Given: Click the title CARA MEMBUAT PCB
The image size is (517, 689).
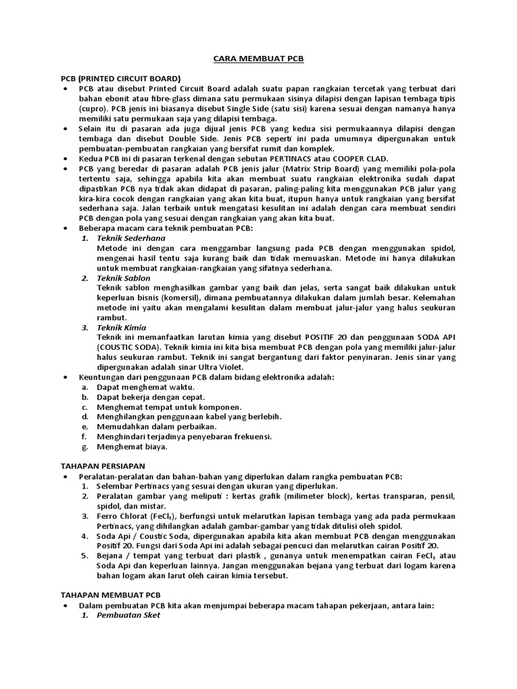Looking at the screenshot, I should (x=258, y=59).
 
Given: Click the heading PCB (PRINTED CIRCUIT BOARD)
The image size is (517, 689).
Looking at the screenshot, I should (x=120, y=78).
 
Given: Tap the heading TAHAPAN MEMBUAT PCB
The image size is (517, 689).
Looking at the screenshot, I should (x=111, y=595).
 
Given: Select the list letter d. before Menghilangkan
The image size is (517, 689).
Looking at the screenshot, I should (x=85, y=416).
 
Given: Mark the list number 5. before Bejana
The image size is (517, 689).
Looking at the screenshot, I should (x=85, y=556).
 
